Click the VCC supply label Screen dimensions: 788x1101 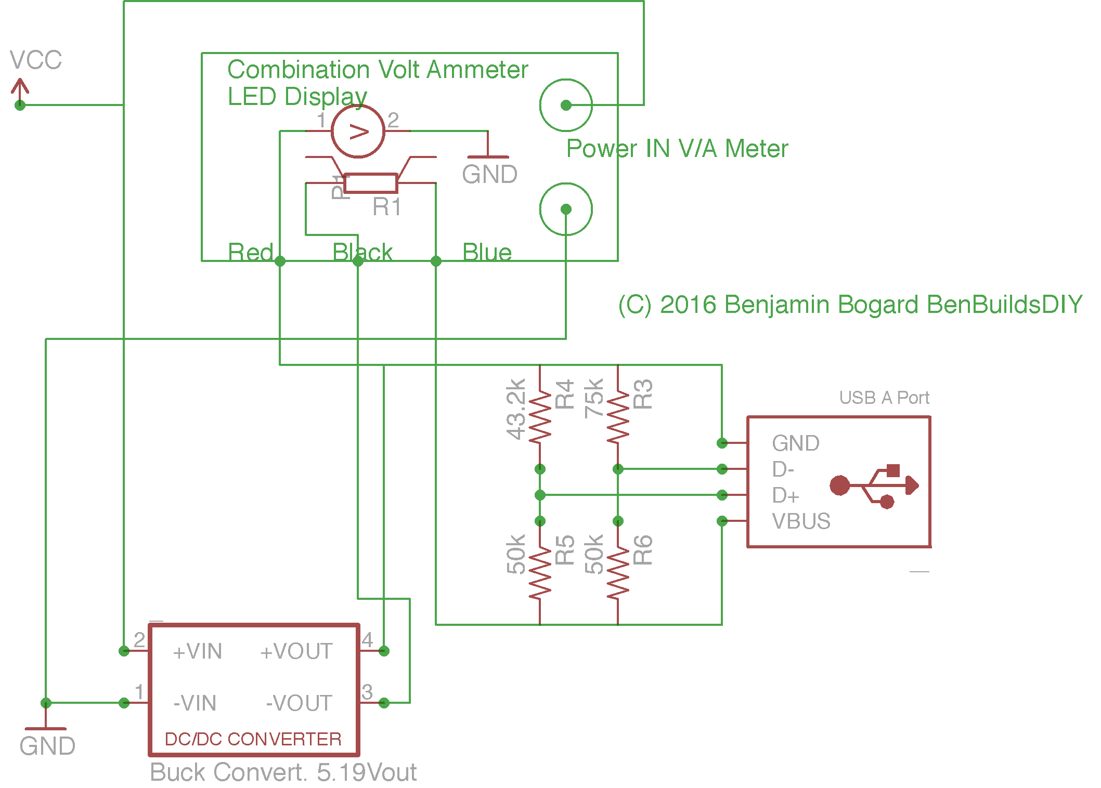(x=35, y=60)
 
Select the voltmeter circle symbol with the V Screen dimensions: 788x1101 (x=358, y=132)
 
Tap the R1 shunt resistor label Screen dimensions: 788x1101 (x=387, y=207)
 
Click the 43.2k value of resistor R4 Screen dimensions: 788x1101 (x=516, y=409)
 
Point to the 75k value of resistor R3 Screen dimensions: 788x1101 (x=594, y=398)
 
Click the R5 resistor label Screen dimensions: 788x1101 (x=565, y=550)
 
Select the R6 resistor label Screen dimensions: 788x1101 (x=643, y=550)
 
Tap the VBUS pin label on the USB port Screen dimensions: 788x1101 (x=801, y=521)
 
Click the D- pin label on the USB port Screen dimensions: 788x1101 (x=783, y=469)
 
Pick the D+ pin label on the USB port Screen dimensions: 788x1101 (x=785, y=495)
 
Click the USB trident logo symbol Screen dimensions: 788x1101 (x=874, y=486)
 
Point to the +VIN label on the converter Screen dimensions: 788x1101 (x=198, y=651)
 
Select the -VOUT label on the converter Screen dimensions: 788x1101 (x=299, y=703)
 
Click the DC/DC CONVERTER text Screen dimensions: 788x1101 (x=253, y=739)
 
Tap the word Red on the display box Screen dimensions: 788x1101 (x=250, y=252)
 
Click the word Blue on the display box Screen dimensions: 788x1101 (x=487, y=252)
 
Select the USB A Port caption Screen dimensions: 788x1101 (x=884, y=398)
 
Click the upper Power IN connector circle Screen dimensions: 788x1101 (x=566, y=105)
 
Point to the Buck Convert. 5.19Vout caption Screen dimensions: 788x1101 (x=283, y=772)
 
